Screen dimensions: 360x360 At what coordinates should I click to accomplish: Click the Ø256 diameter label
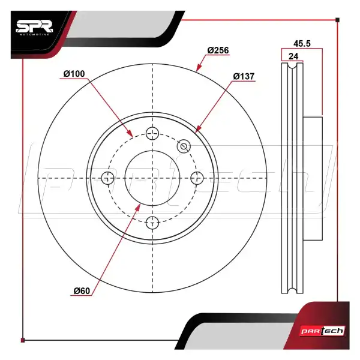tap(218, 50)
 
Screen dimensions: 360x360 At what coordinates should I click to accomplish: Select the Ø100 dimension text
tap(74, 74)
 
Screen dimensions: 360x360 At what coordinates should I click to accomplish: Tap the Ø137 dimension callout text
tap(244, 76)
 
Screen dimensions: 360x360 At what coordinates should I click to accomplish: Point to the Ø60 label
tap(82, 291)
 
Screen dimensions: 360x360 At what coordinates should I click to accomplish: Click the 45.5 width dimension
tap(302, 43)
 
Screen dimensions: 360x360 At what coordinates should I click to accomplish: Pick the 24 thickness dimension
tap(293, 56)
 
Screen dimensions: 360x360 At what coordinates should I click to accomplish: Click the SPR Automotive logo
tap(34, 28)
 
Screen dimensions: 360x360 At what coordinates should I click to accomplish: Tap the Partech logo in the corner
tap(323, 331)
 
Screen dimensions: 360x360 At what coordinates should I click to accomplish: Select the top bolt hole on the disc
tap(152, 133)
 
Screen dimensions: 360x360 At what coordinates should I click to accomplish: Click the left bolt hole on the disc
tap(107, 178)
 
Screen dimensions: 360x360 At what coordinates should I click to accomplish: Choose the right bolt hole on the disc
tap(197, 178)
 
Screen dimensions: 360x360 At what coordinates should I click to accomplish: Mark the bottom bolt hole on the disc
tap(152, 223)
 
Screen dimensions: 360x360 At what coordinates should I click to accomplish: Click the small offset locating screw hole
tap(184, 146)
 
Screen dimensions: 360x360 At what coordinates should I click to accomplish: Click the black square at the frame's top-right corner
tap(337, 20)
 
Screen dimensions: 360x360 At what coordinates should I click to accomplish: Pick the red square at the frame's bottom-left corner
tap(23, 340)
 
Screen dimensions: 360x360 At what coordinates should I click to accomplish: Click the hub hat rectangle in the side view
tap(313, 179)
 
